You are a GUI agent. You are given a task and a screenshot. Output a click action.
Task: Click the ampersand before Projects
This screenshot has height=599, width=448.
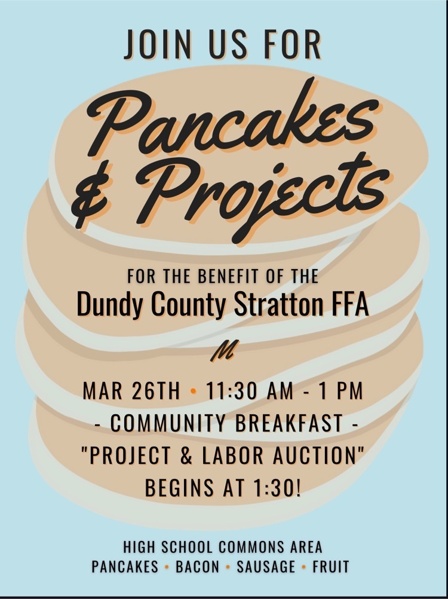tap(97, 198)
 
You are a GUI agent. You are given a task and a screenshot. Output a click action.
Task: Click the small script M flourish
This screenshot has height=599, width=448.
tap(225, 350)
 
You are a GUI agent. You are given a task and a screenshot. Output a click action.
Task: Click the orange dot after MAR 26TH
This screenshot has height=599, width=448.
tap(193, 391)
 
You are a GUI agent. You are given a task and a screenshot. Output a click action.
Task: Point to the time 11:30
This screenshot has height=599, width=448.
tap(230, 391)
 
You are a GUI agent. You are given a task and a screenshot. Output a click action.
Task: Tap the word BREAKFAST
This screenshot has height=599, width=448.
tap(289, 423)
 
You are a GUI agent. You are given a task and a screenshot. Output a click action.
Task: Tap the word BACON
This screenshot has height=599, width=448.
tap(197, 567)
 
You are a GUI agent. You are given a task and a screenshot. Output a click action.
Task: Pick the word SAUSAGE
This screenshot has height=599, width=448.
tap(266, 567)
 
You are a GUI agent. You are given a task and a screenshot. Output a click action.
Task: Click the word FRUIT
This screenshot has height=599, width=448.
tap(331, 567)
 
